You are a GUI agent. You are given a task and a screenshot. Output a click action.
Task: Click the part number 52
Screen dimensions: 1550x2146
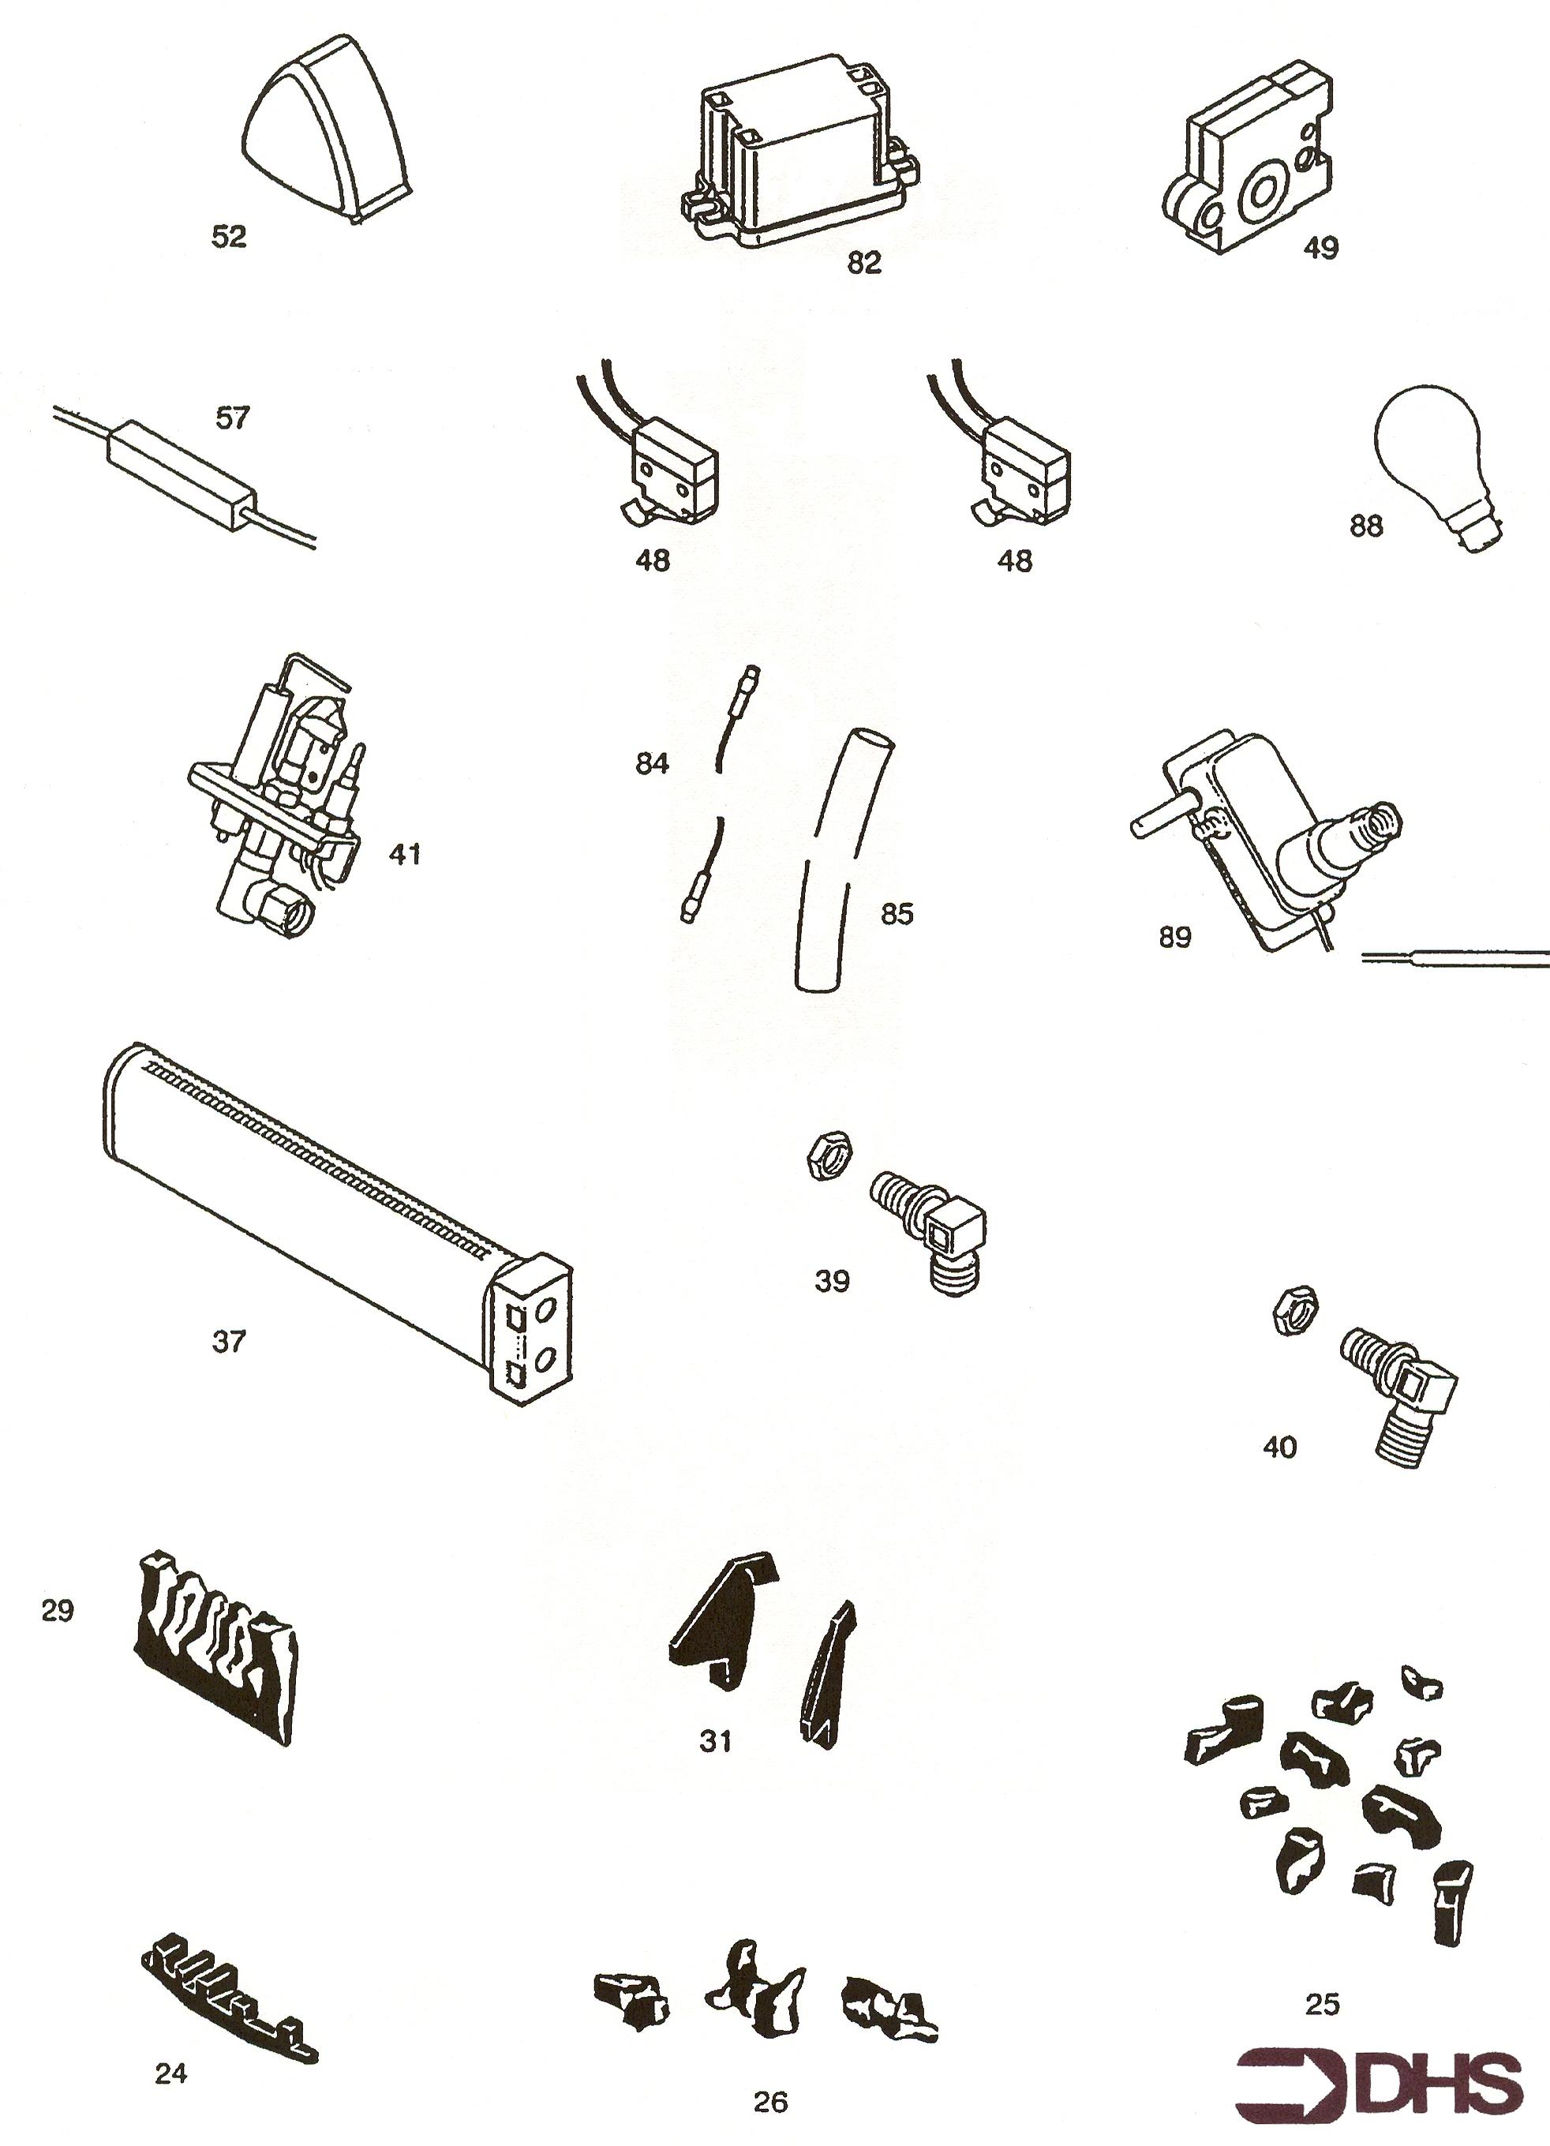(229, 238)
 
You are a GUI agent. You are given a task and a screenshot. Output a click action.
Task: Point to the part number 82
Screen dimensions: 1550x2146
(864, 263)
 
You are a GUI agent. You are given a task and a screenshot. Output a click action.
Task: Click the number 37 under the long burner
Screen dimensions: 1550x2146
(228, 1341)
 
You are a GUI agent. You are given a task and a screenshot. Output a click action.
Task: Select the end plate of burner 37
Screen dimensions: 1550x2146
(533, 1332)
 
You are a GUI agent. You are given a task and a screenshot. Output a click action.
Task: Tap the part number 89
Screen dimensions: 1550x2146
(1175, 938)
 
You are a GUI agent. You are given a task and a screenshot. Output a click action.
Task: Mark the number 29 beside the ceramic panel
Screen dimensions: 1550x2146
(58, 1609)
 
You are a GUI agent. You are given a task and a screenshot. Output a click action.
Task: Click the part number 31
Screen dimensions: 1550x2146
(715, 1741)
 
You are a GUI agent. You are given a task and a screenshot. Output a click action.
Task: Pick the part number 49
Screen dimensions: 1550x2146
(1321, 249)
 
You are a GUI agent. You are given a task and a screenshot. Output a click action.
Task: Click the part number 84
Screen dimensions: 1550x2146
(652, 763)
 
